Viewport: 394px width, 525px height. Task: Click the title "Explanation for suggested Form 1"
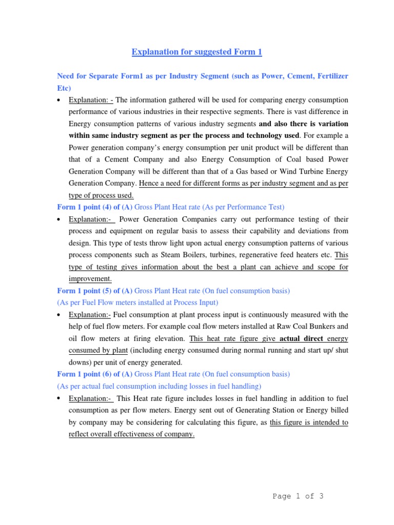tap(197, 52)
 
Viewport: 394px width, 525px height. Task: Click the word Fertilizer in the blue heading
tap(328, 76)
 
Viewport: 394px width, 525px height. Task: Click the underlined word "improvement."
tap(90, 278)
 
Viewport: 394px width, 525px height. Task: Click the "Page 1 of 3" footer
tap(298, 496)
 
